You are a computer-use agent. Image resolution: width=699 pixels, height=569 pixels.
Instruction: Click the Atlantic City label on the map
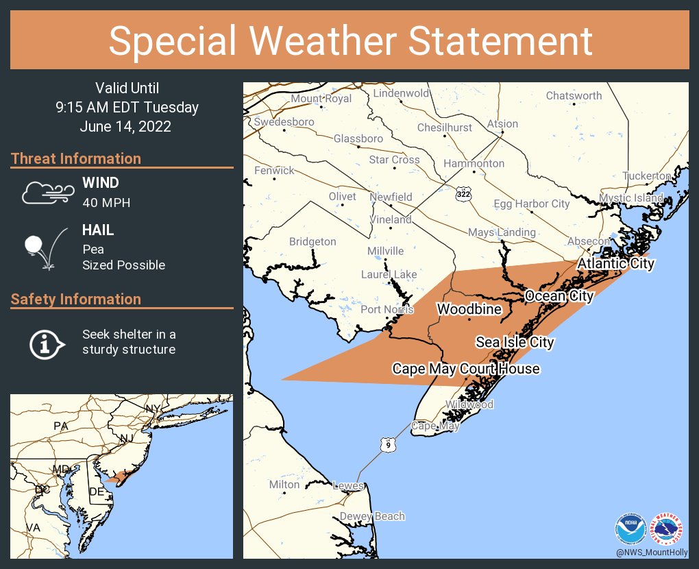(x=615, y=263)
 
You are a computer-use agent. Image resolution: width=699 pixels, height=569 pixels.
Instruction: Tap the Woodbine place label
(x=469, y=309)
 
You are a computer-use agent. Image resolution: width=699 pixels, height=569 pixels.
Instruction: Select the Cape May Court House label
(x=465, y=369)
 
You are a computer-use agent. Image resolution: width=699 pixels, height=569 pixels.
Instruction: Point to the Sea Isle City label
(x=515, y=341)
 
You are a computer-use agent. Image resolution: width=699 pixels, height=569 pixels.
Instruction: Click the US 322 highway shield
(x=464, y=193)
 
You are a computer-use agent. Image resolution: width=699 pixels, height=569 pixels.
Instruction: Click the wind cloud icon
(x=46, y=193)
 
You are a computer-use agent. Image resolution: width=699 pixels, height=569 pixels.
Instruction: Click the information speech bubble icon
(x=46, y=343)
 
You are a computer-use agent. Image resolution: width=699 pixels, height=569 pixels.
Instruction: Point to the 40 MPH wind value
(x=106, y=203)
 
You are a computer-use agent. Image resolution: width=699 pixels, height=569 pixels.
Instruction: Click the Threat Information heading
(x=76, y=158)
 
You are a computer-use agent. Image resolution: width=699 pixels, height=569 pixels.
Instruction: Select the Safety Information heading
(x=76, y=299)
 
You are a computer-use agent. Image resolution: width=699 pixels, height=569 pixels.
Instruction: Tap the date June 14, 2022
(x=125, y=127)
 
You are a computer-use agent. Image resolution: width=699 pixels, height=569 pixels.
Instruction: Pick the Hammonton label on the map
(x=474, y=164)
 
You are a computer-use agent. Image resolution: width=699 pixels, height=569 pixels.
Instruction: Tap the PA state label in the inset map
(x=61, y=426)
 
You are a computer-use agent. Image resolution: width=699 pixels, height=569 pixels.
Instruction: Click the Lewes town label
(x=347, y=485)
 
